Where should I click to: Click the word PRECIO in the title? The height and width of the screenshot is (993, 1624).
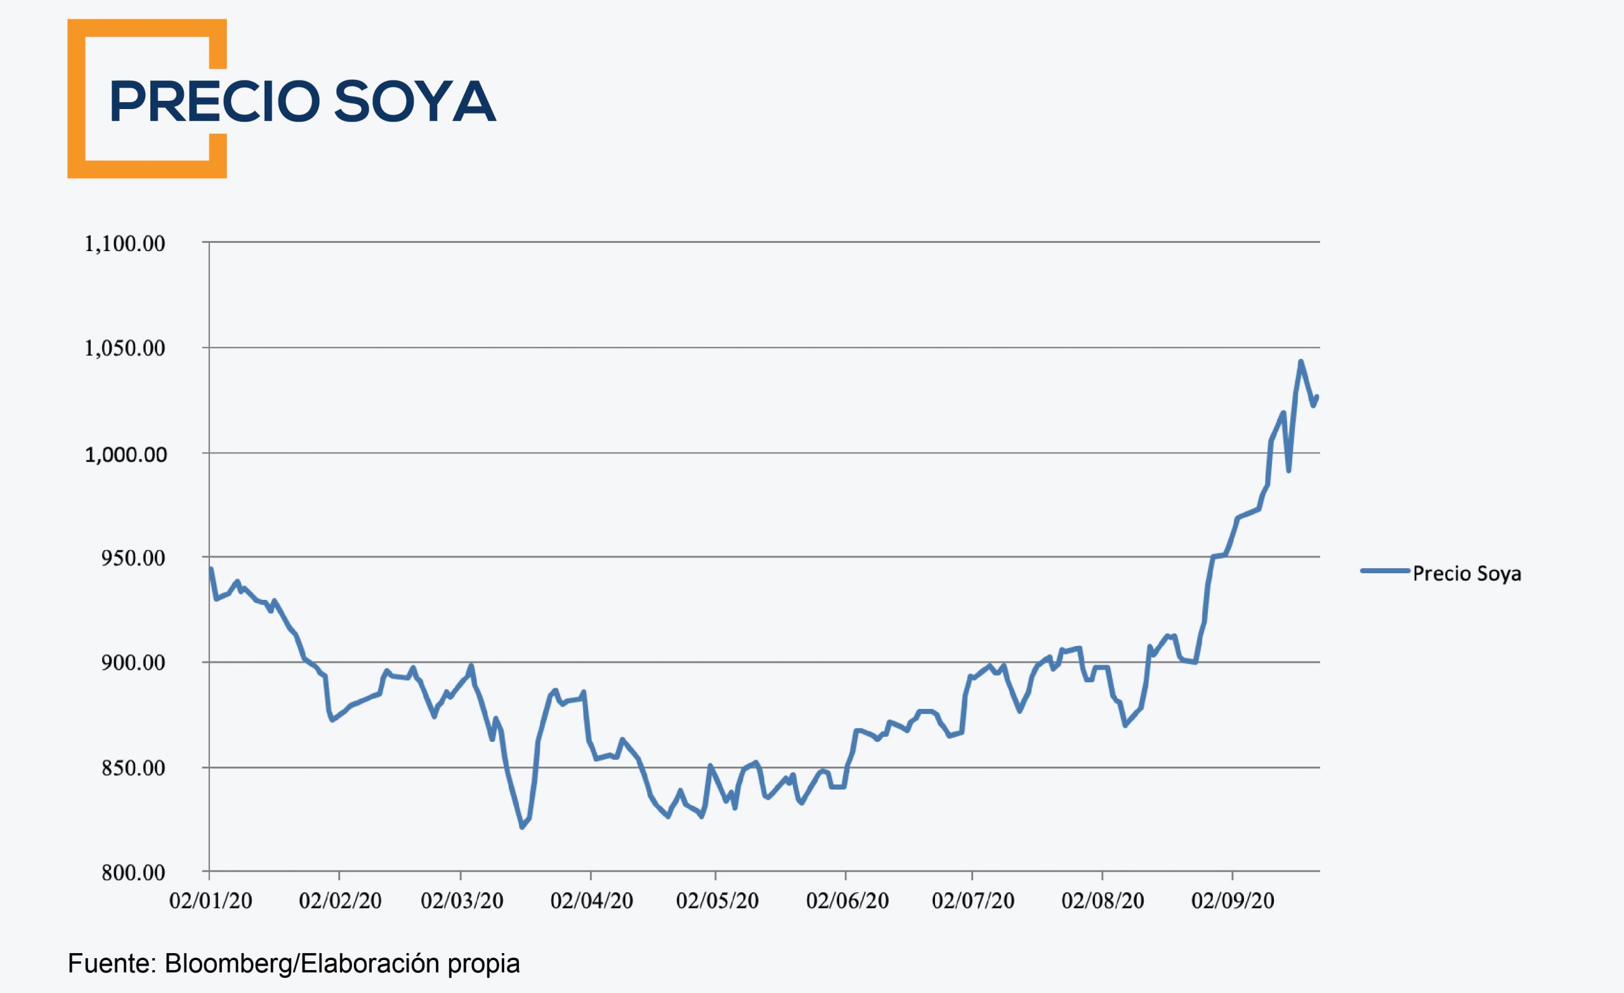215,101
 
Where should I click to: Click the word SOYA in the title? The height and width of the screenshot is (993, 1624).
415,101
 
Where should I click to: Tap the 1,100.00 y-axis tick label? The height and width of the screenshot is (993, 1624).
124,243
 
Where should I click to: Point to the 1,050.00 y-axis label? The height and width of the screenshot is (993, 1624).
124,348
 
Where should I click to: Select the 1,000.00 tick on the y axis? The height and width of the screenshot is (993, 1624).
125,454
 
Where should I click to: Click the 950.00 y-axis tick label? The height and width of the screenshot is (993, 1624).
133,558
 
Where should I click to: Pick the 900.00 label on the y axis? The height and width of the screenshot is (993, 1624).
133,663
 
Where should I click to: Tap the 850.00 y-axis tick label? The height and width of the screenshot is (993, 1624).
133,769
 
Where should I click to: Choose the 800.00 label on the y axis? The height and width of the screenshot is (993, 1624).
133,873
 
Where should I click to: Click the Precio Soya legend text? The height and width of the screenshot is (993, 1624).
1467,574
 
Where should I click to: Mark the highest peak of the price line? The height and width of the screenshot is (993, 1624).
1300,361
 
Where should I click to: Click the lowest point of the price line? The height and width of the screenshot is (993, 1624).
522,827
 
